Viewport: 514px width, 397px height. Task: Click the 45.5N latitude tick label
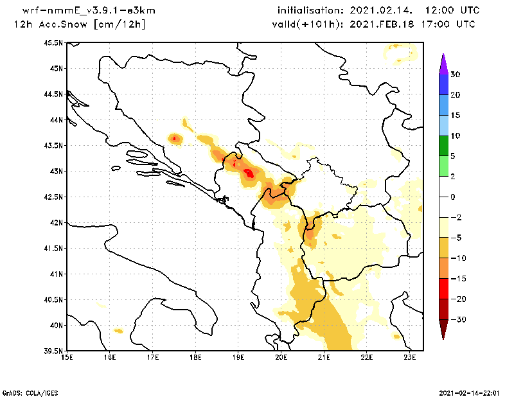pyautogui.click(x=53, y=43)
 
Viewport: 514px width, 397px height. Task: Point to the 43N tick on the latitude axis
pyautogui.click(x=55, y=172)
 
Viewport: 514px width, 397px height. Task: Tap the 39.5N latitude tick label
pyautogui.click(x=53, y=351)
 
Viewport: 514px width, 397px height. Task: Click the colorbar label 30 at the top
pyautogui.click(x=455, y=75)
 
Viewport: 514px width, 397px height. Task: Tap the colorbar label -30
pyautogui.click(x=457, y=320)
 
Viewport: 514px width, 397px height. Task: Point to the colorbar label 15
pyautogui.click(x=455, y=116)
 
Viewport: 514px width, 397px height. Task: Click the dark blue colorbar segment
pyautogui.click(x=443, y=85)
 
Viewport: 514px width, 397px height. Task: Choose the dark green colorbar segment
pyautogui.click(x=443, y=146)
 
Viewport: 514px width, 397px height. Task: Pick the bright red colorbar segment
pyautogui.click(x=443, y=289)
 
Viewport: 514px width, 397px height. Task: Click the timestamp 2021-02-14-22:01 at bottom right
pyautogui.click(x=471, y=392)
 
